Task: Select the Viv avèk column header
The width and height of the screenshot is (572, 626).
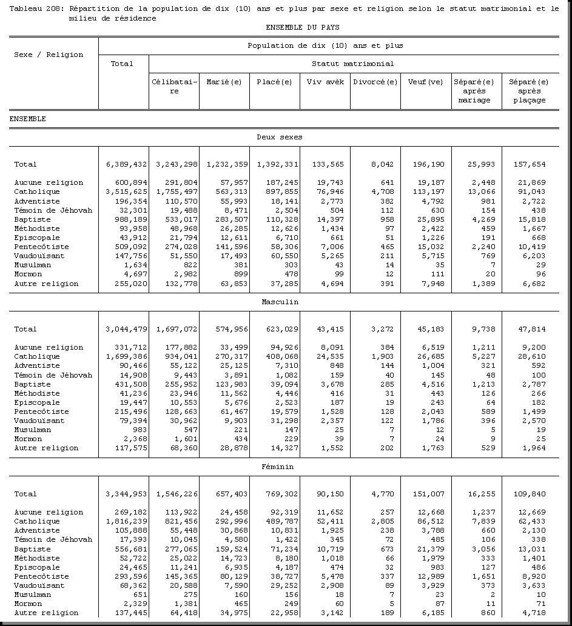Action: click(x=325, y=82)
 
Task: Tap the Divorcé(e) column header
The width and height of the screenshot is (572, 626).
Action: click(x=375, y=82)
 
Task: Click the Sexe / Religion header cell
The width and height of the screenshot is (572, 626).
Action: click(x=49, y=55)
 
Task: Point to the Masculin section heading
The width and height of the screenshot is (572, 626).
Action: click(x=280, y=302)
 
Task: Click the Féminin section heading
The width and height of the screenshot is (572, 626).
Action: click(x=279, y=467)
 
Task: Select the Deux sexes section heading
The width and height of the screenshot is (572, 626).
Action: click(x=279, y=137)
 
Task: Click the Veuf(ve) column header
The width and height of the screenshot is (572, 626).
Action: click(x=426, y=82)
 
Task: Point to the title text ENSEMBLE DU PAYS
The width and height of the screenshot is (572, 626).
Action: click(x=302, y=27)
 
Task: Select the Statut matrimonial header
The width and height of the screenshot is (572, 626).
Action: click(x=352, y=64)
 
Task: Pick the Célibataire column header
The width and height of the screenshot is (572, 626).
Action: click(x=174, y=86)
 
